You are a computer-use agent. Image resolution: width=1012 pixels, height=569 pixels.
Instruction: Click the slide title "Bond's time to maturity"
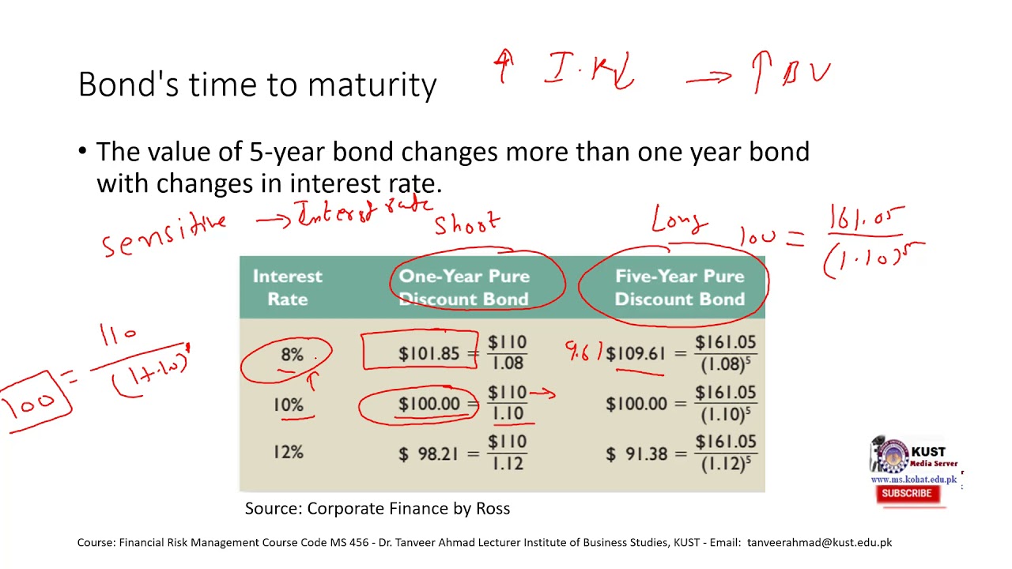tap(257, 85)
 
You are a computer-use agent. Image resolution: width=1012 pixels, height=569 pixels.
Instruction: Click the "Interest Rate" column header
tap(287, 288)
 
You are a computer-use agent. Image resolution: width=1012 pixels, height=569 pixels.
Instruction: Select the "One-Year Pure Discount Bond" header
tap(464, 288)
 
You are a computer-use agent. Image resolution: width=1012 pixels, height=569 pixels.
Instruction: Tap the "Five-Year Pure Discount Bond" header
tap(679, 288)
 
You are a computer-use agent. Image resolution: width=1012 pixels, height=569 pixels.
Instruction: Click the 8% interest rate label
tap(292, 355)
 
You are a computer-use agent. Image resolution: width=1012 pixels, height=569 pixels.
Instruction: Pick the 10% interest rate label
tap(289, 405)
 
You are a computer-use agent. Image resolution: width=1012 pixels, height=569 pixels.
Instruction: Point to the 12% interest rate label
tap(289, 453)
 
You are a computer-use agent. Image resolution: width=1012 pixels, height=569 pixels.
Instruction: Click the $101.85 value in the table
tap(429, 354)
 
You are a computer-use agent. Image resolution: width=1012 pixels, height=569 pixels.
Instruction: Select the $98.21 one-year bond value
tap(429, 454)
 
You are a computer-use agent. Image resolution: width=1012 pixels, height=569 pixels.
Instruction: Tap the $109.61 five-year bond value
tap(636, 354)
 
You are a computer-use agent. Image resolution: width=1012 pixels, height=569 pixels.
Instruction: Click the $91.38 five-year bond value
tap(636, 454)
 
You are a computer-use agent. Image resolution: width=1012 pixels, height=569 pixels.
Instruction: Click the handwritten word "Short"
tap(466, 224)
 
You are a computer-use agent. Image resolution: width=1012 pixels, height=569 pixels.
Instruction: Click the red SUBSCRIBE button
tap(906, 493)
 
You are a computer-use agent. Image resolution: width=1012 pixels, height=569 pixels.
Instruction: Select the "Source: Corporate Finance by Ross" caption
tap(377, 509)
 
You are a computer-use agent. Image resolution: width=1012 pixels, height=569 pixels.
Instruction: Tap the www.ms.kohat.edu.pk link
tap(913, 479)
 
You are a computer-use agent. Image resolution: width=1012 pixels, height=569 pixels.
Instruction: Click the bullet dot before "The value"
tap(83, 151)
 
